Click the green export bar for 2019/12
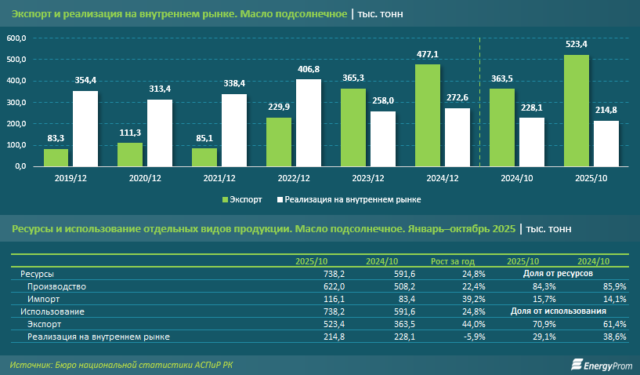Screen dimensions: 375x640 coord(56,157)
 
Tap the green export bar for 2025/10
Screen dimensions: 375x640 coord(577,110)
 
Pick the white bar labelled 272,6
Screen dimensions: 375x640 coord(457,137)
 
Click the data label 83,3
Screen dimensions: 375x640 coord(56,139)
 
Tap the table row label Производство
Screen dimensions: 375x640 coord(56,286)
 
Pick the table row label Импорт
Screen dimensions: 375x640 coord(44,299)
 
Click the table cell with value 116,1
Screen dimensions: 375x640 coord(312,299)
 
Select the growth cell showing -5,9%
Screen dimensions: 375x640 coord(475,337)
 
